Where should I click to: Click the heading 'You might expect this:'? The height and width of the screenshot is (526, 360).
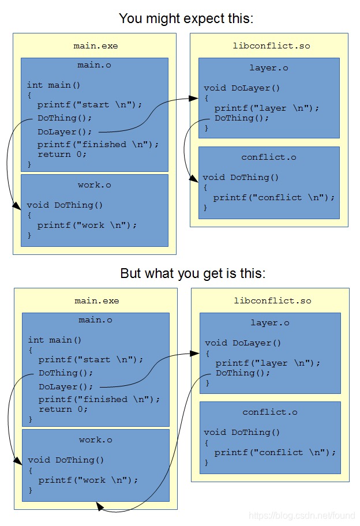coord(186,18)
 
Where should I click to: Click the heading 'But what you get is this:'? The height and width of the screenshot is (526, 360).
coord(193,273)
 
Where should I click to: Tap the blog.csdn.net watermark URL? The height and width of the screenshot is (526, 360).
coord(302,515)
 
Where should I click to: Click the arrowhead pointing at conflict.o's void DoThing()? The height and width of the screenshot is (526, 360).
coord(194,178)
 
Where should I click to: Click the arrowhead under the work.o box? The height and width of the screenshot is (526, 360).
coord(100,506)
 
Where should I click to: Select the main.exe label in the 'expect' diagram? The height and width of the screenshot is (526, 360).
coord(96,46)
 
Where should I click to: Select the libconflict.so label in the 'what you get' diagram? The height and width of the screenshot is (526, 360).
coord(272,301)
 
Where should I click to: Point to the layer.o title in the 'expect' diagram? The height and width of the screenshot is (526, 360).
coord(269,68)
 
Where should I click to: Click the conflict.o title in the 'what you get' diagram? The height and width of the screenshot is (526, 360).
coord(270,412)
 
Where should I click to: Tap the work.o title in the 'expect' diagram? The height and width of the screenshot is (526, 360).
coord(94,185)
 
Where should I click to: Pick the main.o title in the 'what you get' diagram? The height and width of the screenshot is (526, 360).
coord(95,320)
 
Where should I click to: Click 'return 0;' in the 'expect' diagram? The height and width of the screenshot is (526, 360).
coord(62,155)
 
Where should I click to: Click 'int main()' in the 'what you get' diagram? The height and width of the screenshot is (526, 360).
coord(55,340)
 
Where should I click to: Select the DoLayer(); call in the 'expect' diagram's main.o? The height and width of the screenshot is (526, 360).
coord(65,132)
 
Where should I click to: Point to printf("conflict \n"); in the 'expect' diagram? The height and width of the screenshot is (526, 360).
coord(274,198)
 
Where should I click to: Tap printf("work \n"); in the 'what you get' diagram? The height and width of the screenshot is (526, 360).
coord(88,480)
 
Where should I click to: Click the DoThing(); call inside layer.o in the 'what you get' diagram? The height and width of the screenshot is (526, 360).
coord(243,373)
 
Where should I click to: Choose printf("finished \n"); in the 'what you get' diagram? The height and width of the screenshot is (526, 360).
coord(99,400)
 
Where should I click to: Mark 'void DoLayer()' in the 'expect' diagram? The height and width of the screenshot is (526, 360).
coord(242,88)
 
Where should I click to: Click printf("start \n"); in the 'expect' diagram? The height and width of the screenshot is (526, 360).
coord(89,105)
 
